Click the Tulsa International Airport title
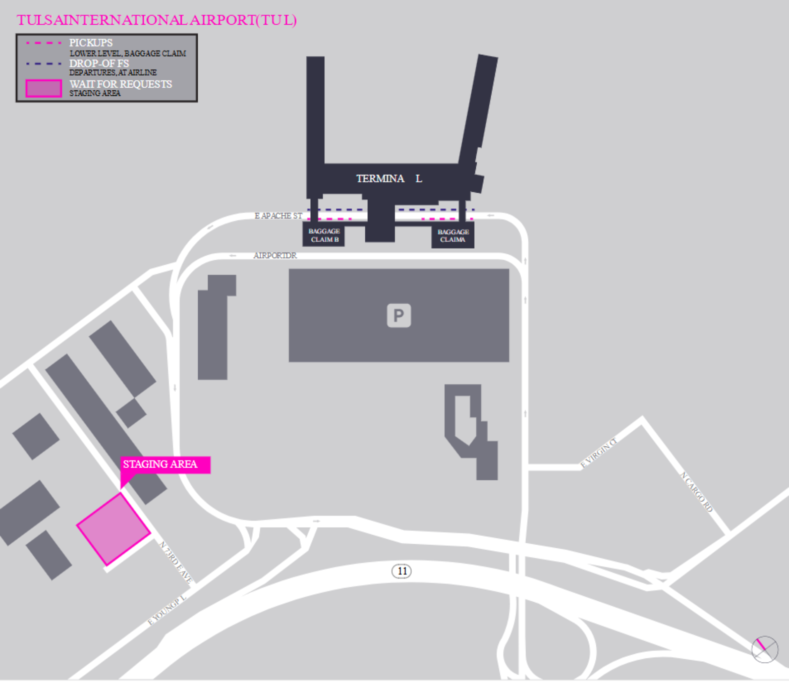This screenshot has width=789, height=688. click(157, 20)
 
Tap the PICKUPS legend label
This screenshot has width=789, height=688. click(91, 43)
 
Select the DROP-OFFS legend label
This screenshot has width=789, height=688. click(99, 64)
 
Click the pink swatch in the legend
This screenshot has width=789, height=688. click(44, 88)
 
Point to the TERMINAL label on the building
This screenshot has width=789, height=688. click(389, 179)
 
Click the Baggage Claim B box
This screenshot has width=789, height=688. click(324, 235)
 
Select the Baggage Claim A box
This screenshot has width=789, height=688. click(453, 236)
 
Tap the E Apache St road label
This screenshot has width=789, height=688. click(278, 216)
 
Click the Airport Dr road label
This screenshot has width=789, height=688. click(275, 256)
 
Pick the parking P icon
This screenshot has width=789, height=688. click(399, 316)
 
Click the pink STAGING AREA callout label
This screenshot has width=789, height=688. click(164, 464)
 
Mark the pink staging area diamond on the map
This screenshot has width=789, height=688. click(114, 529)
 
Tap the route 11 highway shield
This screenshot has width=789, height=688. click(402, 571)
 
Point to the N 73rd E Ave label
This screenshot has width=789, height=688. click(176, 562)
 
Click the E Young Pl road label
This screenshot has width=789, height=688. click(167, 610)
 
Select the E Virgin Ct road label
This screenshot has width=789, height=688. click(598, 453)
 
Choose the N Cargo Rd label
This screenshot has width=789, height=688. click(697, 492)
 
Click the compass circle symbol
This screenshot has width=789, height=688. click(765, 649)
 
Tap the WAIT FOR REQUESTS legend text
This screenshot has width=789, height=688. click(121, 84)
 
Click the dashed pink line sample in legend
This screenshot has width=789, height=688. click(44, 43)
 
